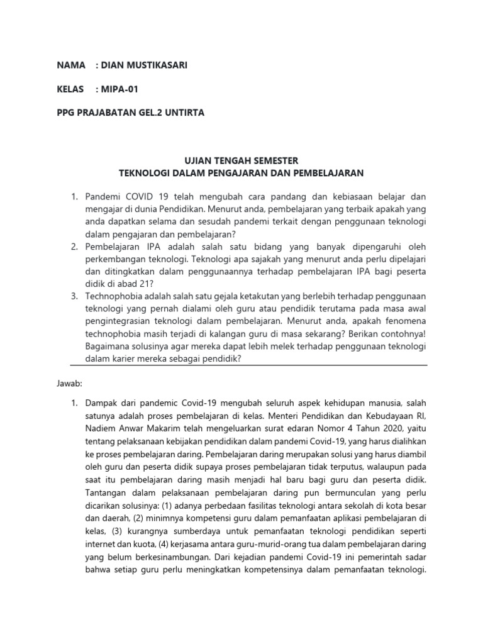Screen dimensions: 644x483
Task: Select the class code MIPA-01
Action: (x=119, y=89)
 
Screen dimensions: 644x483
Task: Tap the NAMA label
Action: (x=70, y=65)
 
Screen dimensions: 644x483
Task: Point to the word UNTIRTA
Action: (x=182, y=113)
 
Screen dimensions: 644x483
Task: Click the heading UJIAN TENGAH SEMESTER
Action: (x=241, y=160)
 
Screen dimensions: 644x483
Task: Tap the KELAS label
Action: (x=70, y=89)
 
